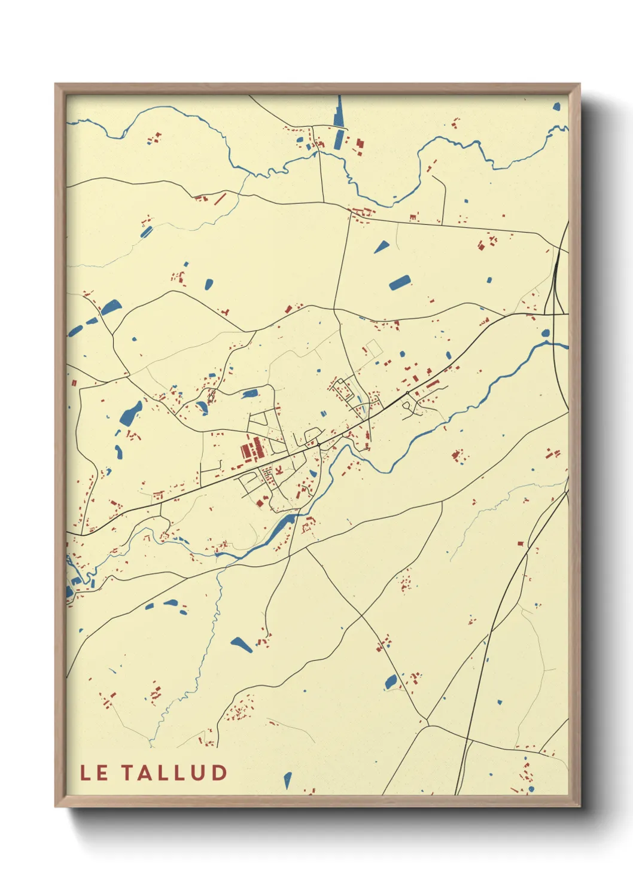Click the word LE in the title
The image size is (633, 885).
coord(94,773)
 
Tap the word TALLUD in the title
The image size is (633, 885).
coord(175,773)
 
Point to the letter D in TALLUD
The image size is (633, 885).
coord(219,773)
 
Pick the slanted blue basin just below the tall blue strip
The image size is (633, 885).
coord(339,139)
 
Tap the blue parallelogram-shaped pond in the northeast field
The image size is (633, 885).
coord(400,282)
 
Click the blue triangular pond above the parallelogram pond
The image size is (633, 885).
coord(381,246)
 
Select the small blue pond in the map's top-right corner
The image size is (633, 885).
coord(556,107)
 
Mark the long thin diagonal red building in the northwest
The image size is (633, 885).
coord(220,199)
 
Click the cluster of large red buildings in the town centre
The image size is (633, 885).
coord(252,448)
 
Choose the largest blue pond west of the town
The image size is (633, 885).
coord(130,413)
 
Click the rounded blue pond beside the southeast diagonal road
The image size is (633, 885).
coord(391,681)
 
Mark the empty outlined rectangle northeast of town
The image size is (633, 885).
coord(373,347)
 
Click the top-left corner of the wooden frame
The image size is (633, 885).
coord(56,84)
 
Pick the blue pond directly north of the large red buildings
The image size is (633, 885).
coord(250,394)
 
